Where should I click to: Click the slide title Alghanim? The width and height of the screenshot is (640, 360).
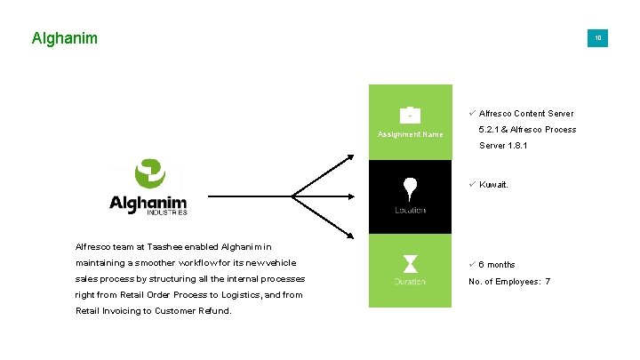coord(64,38)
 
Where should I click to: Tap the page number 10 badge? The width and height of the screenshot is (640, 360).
coord(598,38)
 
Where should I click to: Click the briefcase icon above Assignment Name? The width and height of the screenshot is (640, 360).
coord(410,115)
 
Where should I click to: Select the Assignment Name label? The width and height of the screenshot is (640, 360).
coord(410,135)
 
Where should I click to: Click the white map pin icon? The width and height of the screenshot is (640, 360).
coord(410,188)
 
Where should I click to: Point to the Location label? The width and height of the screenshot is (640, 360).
coord(410,211)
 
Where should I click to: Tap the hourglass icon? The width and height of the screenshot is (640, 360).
coord(410,263)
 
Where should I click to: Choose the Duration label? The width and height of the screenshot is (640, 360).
coord(410,282)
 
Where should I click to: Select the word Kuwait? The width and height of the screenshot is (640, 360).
coord(493,186)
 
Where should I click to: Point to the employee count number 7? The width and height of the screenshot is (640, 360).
coord(548,282)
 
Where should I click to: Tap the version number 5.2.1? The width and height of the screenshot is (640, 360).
coord(492,130)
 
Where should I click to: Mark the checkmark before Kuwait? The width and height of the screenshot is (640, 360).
coord(472,185)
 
